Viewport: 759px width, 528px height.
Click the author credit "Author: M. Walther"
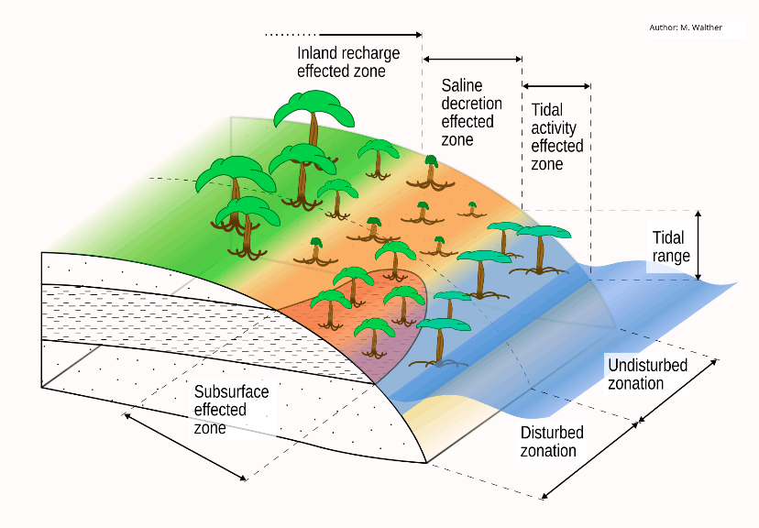685,27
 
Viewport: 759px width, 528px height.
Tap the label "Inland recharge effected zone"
341,62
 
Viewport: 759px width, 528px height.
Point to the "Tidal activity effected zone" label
556,137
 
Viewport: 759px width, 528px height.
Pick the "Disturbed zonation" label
552,442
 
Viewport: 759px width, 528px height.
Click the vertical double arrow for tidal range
698,246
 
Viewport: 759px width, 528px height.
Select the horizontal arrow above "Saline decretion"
472,60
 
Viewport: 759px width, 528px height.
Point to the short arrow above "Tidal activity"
556,87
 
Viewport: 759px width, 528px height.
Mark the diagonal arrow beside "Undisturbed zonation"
678,390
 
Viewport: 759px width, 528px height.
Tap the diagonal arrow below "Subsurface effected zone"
186,446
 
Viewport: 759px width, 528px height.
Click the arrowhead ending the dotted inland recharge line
418,35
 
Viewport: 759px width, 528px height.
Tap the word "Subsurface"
232,392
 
